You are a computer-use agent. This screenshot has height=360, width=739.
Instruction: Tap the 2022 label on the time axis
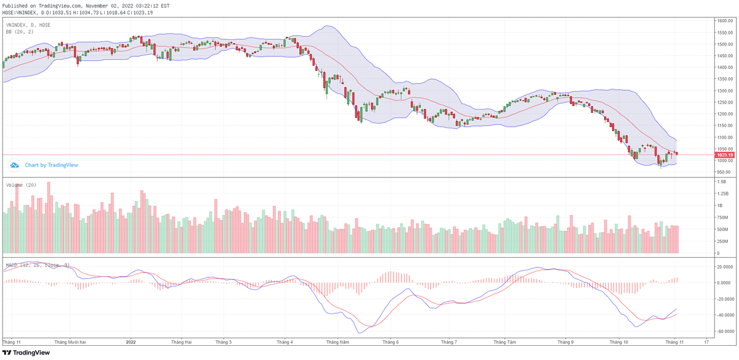tap(131, 341)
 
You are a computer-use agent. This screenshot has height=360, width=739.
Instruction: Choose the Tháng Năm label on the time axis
tap(337, 341)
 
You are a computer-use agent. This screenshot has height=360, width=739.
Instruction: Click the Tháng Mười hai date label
tap(70, 341)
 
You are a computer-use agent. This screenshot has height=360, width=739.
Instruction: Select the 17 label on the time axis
tap(706, 341)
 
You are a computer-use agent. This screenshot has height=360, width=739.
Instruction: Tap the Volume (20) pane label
tap(21, 185)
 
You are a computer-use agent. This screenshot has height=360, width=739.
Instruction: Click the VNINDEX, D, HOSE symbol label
tap(28, 25)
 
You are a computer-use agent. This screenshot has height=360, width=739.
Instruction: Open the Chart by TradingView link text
tap(51, 165)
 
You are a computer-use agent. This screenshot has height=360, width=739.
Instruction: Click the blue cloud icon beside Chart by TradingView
tap(14, 165)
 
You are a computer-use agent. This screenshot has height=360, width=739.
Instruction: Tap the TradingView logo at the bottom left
tap(26, 353)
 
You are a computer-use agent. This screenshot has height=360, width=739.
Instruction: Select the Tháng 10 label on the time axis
tap(618, 341)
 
